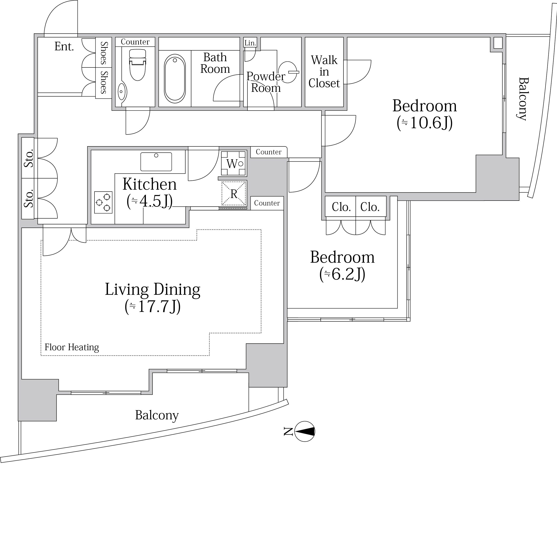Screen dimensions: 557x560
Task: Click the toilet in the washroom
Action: (x=138, y=64)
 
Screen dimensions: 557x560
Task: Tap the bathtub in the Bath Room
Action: (x=175, y=79)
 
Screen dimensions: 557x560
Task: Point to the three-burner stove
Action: (x=103, y=202)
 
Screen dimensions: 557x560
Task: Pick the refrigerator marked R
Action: (x=234, y=194)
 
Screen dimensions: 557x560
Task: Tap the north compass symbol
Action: (x=305, y=432)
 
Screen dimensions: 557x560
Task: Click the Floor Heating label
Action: (x=72, y=347)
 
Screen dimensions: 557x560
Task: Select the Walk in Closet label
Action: (x=324, y=71)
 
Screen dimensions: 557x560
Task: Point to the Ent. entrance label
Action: (x=64, y=46)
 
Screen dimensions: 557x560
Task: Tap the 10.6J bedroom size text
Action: (x=425, y=123)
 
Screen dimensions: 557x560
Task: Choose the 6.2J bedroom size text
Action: (x=342, y=274)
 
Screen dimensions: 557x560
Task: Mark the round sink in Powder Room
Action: (x=288, y=72)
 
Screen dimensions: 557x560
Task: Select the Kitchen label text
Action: (x=149, y=184)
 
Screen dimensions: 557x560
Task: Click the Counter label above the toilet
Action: (x=135, y=42)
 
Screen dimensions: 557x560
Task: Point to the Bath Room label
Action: (x=215, y=63)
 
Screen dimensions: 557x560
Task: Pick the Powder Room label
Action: (x=266, y=82)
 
